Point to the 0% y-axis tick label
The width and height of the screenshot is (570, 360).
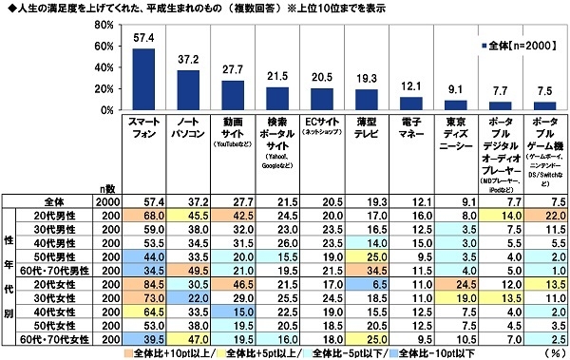click(x=99, y=112)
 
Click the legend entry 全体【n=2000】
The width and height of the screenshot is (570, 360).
click(x=521, y=45)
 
